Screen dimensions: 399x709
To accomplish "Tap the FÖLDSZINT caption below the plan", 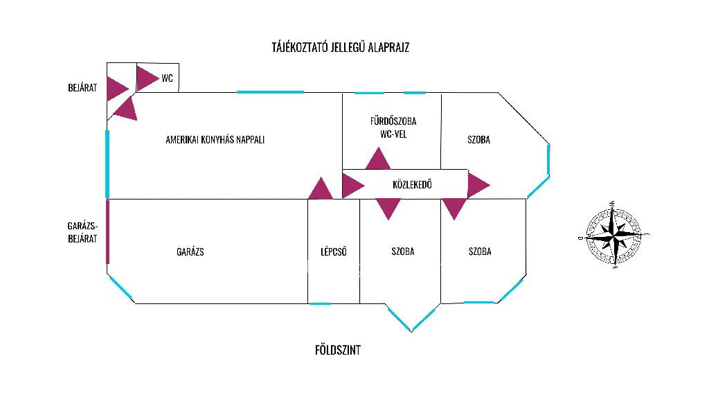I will [x=337, y=350].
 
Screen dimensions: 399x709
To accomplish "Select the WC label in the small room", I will [x=167, y=78].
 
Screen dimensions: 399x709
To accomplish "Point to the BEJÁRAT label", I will [x=82, y=88].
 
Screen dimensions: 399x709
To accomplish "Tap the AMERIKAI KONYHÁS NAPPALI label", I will [x=215, y=139].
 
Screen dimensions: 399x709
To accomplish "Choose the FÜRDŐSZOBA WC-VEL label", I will [x=393, y=127].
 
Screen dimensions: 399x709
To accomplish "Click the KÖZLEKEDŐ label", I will [x=412, y=185].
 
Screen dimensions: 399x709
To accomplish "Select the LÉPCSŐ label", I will [x=333, y=251].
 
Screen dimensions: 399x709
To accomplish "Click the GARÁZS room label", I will [x=190, y=251].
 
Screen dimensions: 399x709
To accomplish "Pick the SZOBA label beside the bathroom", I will [x=479, y=139].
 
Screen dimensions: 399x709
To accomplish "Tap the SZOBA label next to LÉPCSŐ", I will [x=402, y=251].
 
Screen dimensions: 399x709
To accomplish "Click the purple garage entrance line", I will [x=107, y=231].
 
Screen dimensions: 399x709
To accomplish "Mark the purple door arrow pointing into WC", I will [x=146, y=78].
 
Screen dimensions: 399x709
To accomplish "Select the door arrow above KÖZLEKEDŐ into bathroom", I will [x=378, y=159].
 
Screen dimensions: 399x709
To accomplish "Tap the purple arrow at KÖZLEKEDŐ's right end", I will [x=477, y=185].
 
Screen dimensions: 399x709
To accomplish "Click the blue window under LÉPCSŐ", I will [x=320, y=303].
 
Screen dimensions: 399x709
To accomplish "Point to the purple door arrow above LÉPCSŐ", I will [x=321, y=189].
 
